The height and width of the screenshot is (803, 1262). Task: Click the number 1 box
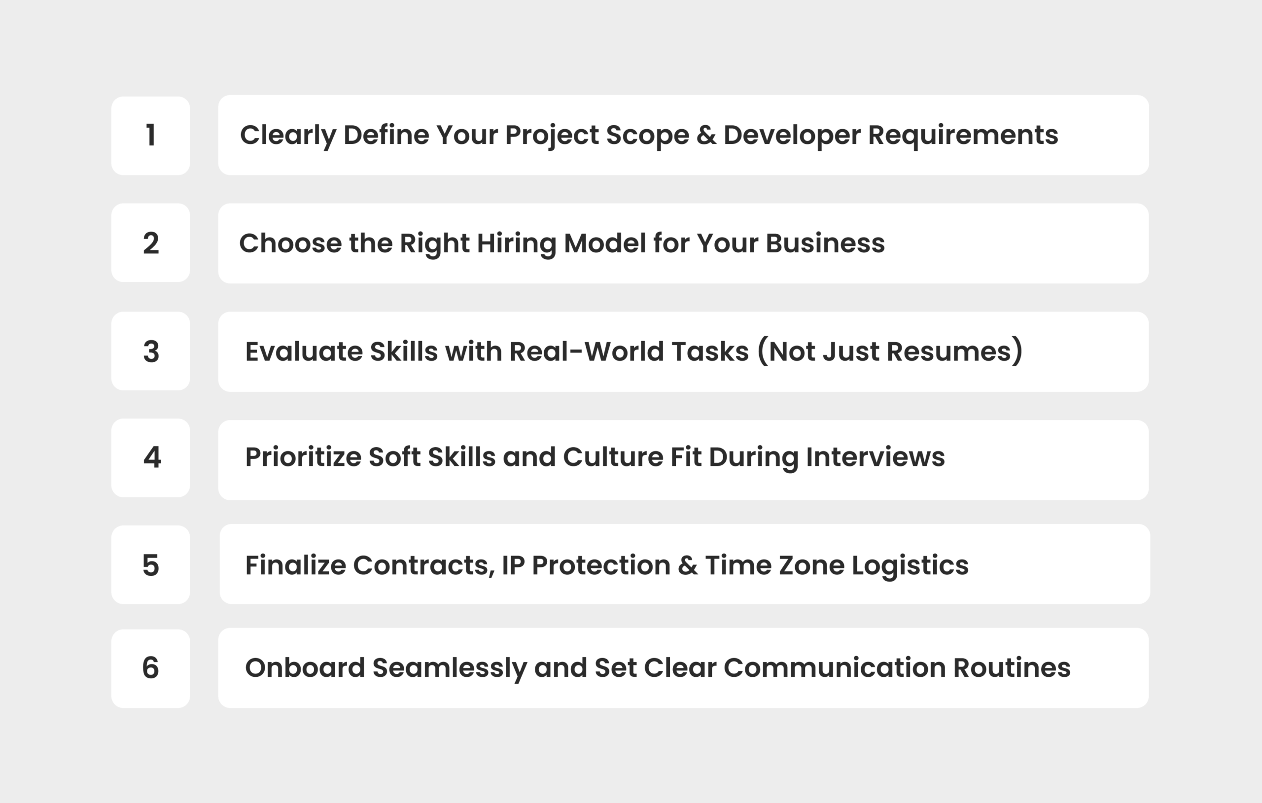tap(150, 135)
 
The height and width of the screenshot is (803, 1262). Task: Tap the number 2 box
tap(150, 243)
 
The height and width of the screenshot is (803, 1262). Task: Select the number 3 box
tap(150, 350)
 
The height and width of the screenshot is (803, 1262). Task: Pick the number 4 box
tap(150, 457)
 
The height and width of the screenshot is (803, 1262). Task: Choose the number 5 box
tap(150, 564)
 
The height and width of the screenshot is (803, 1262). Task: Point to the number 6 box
tap(150, 668)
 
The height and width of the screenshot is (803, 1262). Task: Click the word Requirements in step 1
tap(963, 135)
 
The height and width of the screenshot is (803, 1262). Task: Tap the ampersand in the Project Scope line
tap(706, 135)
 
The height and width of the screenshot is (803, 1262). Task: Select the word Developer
tap(791, 135)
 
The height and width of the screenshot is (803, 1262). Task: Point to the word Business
tap(825, 244)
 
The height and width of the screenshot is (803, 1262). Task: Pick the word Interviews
tap(875, 457)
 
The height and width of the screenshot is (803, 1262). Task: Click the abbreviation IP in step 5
tap(513, 565)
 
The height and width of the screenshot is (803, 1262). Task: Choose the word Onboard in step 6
tap(305, 668)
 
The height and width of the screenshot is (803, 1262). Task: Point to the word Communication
tap(834, 668)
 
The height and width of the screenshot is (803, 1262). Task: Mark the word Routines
tap(1012, 668)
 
